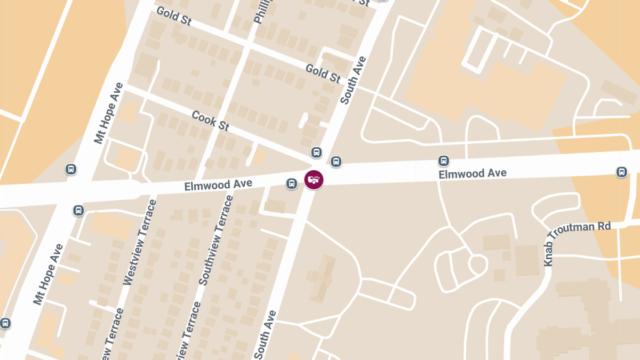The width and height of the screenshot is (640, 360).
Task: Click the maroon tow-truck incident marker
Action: pos(314,180)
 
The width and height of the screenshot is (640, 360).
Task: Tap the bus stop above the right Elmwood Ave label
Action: pos(443,161)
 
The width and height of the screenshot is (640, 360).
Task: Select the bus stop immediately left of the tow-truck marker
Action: pos(292,183)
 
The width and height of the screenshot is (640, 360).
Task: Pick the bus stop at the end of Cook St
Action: pos(316,153)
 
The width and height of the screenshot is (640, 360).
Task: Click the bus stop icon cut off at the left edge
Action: pos(5,323)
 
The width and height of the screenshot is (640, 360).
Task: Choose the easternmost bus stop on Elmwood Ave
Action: pos(621,172)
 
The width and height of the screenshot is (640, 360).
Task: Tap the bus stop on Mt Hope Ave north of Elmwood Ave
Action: pos(71,170)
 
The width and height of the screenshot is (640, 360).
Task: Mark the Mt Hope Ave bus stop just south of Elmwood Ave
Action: pos(78,210)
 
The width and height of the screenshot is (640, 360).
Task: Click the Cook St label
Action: pos(211,121)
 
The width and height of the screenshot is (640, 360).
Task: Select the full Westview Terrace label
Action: pos(140,242)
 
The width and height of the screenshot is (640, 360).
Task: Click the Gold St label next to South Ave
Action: pos(323,73)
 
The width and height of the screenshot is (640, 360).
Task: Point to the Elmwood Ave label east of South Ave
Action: pos(473,173)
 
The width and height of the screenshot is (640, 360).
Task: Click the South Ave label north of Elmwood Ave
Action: pos(353,80)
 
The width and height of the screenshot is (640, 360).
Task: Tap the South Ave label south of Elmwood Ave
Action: pos(265,334)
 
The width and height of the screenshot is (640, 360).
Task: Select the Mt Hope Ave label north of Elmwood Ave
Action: pos(109,113)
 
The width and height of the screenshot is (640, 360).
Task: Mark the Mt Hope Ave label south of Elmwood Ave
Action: pos(48,274)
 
